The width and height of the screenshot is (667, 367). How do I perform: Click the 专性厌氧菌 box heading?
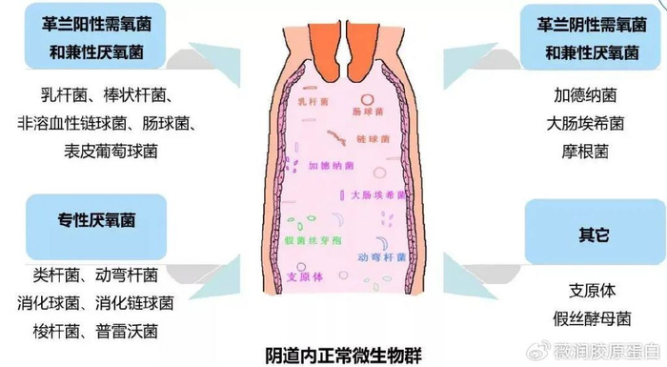pyautogui.click(x=99, y=219)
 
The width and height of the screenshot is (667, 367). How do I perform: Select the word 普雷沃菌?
pyautogui.click(x=134, y=331)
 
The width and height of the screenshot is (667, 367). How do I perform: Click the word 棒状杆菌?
pyautogui.click(x=138, y=95)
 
